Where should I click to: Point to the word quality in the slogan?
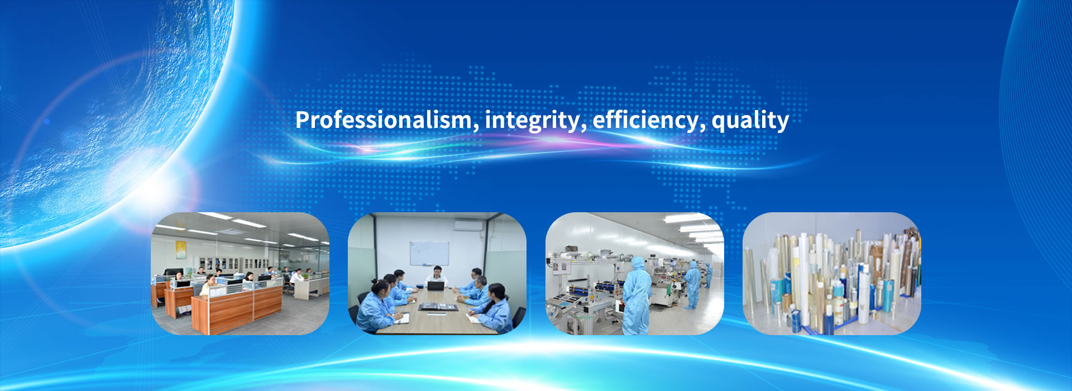coord(750,121)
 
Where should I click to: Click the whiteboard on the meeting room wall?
coord(429,254)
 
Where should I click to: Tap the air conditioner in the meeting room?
coord(468,225)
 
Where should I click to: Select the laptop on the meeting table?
coord(435,286)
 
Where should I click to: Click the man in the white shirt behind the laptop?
coord(435,276)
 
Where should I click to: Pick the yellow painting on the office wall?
coord(180,250)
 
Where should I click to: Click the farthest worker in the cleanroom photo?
coord(709,275)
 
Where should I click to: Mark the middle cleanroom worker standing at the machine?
coord(692,284)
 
